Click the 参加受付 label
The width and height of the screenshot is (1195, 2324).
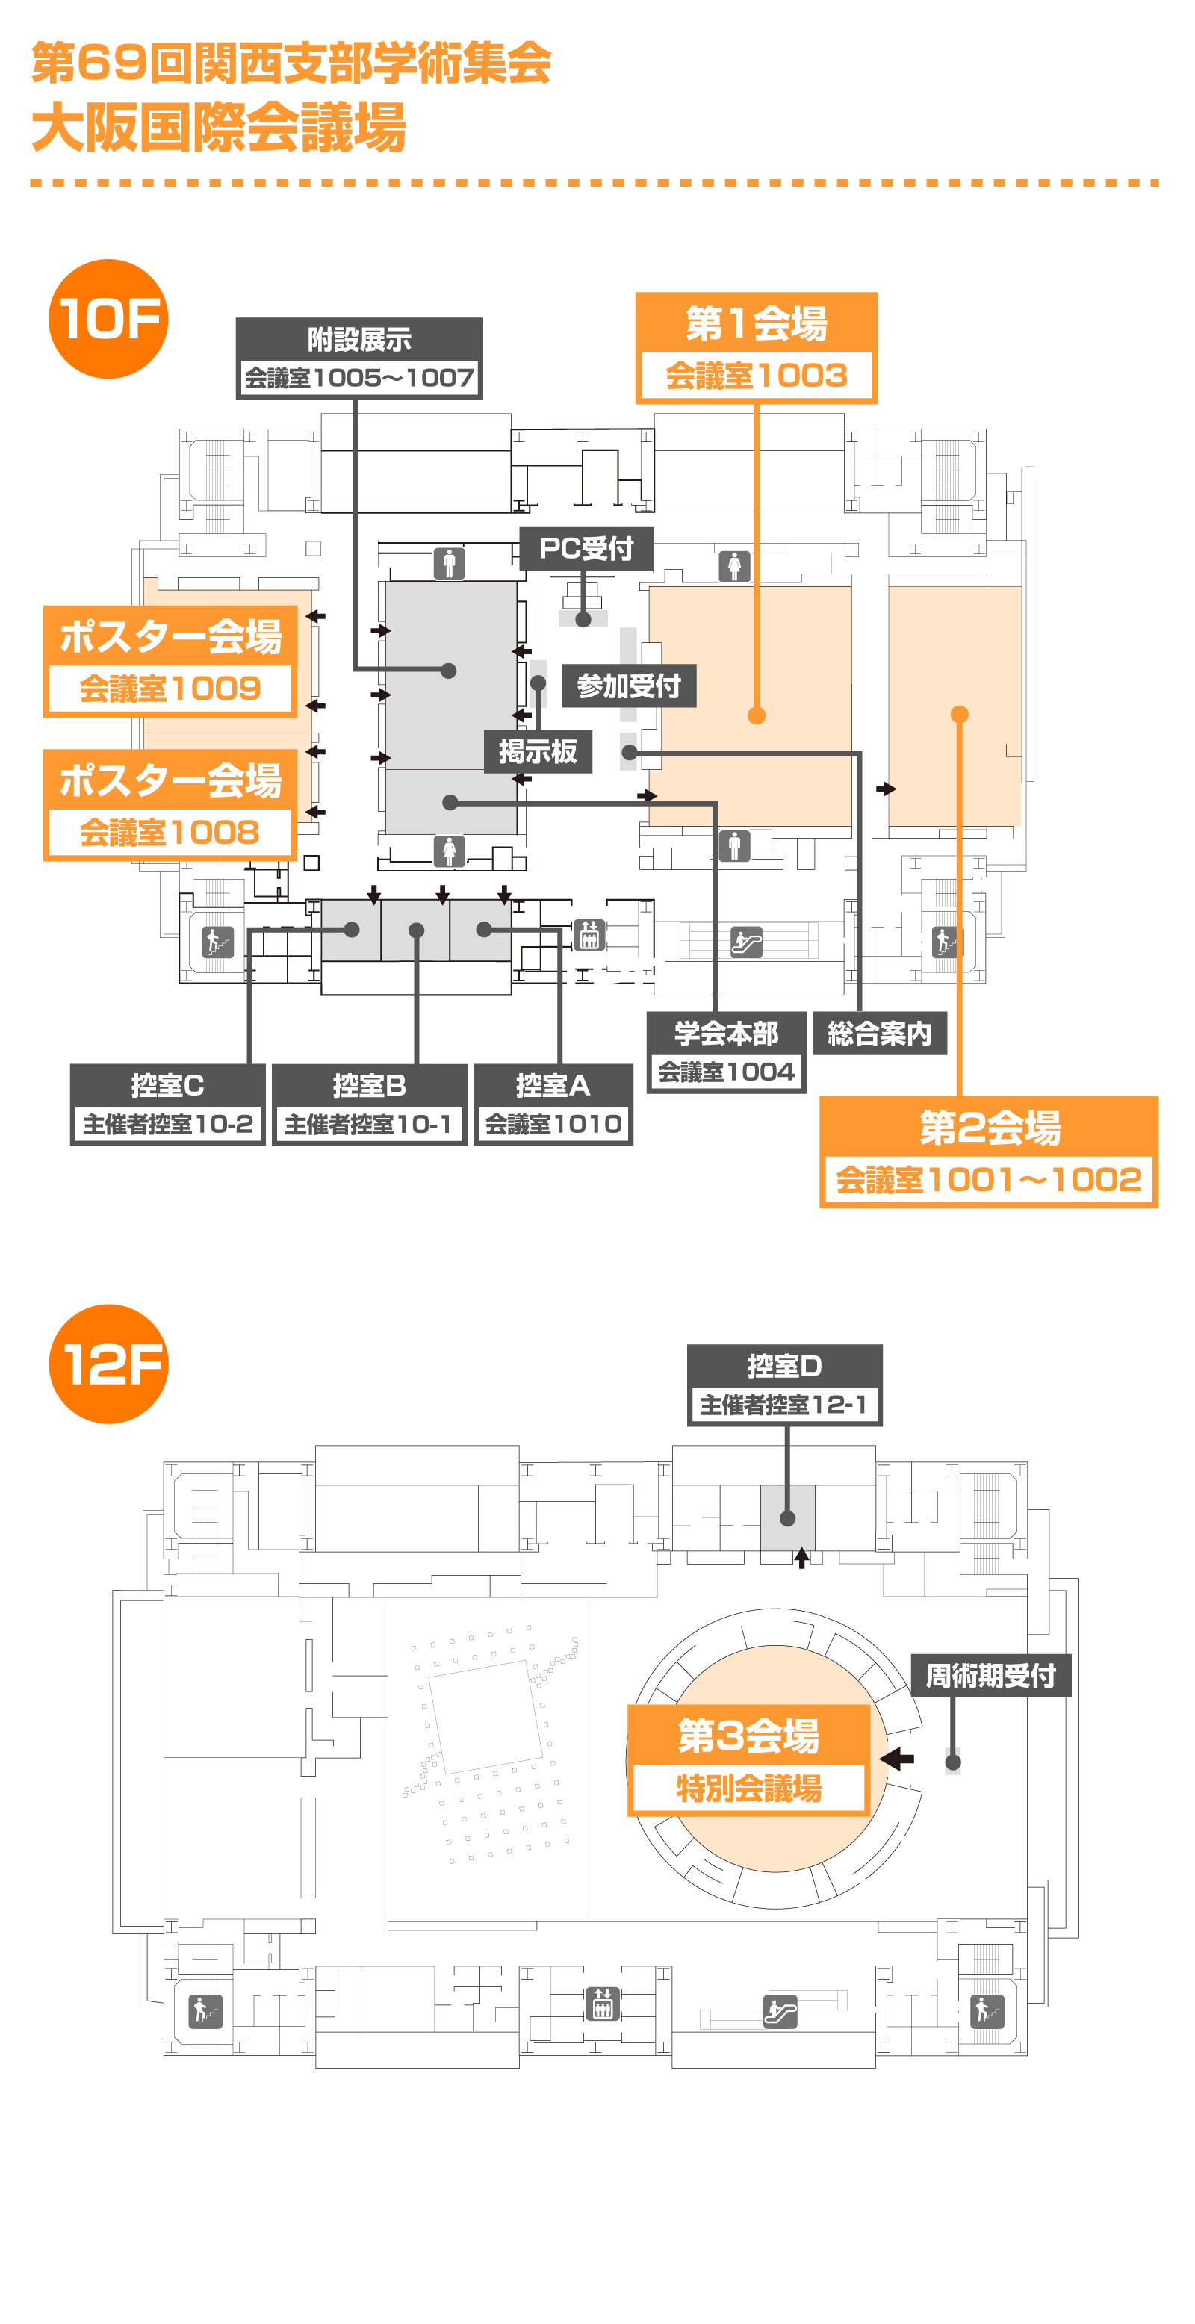[x=628, y=686]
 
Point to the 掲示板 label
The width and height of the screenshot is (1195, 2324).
[x=538, y=751]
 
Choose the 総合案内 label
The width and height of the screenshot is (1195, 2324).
[x=879, y=1033]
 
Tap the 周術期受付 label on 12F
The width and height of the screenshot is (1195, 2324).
[x=990, y=1675]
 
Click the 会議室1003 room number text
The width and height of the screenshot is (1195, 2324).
[x=757, y=376]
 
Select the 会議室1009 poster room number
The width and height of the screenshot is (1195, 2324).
[x=170, y=689]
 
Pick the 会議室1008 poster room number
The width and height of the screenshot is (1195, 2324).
[x=170, y=832]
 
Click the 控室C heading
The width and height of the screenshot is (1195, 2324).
[x=168, y=1085]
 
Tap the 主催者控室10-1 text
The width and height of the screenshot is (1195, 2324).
[x=368, y=1124]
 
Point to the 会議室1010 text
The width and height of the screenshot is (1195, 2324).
[x=553, y=1124]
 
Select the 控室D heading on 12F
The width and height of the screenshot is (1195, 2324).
[x=784, y=1366]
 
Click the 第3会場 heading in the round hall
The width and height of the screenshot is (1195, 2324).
[x=748, y=1736]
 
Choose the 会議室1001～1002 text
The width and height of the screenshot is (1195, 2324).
[x=988, y=1179]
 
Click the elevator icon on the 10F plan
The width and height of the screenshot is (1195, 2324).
[x=589, y=936]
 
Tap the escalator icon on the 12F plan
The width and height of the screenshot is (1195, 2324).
[x=780, y=2011]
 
